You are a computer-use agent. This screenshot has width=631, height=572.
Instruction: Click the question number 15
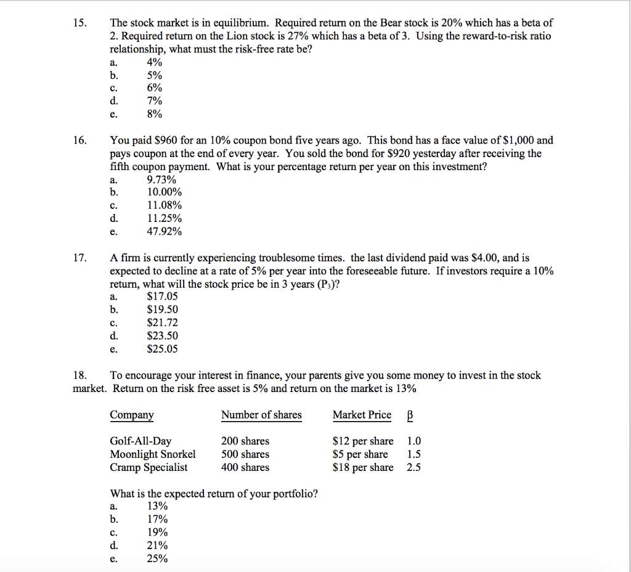(x=78, y=23)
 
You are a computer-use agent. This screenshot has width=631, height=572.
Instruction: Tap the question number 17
(x=78, y=258)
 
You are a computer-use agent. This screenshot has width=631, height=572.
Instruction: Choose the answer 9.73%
(x=161, y=180)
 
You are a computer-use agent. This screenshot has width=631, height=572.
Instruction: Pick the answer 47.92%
(x=164, y=232)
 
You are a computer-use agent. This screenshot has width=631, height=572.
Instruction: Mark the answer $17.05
(x=162, y=296)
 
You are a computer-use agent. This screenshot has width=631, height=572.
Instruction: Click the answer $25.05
(x=162, y=349)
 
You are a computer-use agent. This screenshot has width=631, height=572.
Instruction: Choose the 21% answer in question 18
(x=157, y=545)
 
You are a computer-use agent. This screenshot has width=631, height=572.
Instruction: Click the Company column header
(x=132, y=415)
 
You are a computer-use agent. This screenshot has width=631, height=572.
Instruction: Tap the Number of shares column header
(x=261, y=415)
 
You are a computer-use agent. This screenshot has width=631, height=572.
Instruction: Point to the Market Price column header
(x=362, y=415)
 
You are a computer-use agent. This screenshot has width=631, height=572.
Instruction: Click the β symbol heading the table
(x=410, y=415)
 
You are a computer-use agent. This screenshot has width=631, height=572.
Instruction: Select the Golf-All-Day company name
(x=140, y=441)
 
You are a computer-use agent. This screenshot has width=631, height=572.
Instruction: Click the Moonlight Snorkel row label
(x=152, y=454)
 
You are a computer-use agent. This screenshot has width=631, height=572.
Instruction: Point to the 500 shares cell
(x=245, y=454)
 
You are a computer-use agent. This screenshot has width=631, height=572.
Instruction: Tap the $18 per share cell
(x=362, y=467)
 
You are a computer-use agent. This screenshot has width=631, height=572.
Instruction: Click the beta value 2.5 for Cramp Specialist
(x=414, y=467)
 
